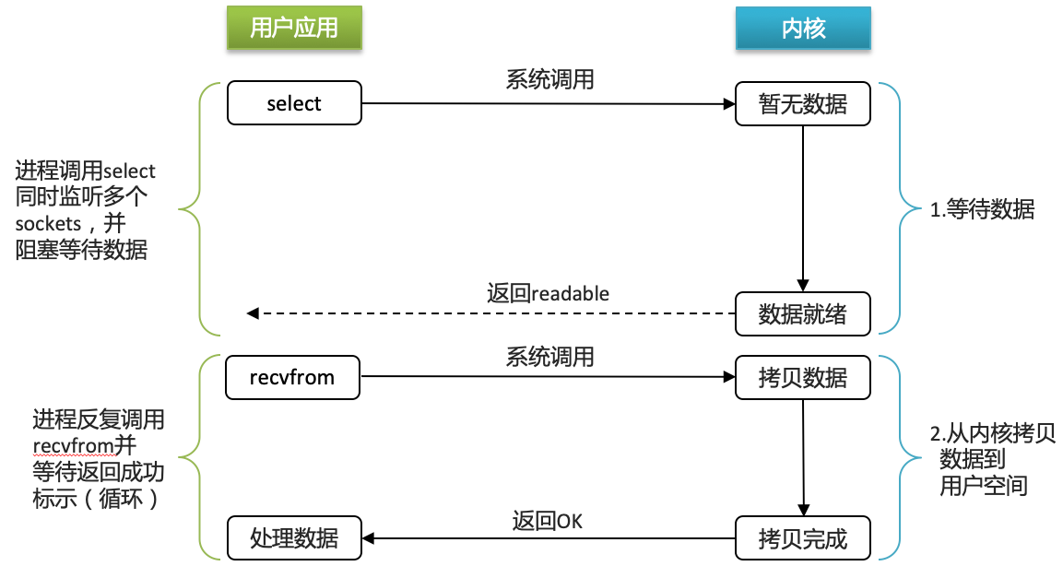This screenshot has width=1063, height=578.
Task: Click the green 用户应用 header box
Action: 294,28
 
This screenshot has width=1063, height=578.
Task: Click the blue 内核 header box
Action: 803,28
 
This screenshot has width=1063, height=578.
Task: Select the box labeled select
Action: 294,103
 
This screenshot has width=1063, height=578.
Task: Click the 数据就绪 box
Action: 803,314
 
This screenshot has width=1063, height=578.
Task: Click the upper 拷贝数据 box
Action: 803,377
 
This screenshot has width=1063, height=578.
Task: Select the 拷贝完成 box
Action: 803,537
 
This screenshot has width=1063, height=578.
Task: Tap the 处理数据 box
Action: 294,537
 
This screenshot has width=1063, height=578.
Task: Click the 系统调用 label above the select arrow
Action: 549,79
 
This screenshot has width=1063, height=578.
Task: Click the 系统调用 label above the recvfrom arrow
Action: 549,356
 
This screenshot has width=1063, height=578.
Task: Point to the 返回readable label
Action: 548,293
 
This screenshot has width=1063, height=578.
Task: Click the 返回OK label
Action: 548,520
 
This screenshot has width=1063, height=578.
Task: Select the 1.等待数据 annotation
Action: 982,210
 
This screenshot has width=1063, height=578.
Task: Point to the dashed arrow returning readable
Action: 489,314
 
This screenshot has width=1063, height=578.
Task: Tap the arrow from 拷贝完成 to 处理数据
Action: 548,537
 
